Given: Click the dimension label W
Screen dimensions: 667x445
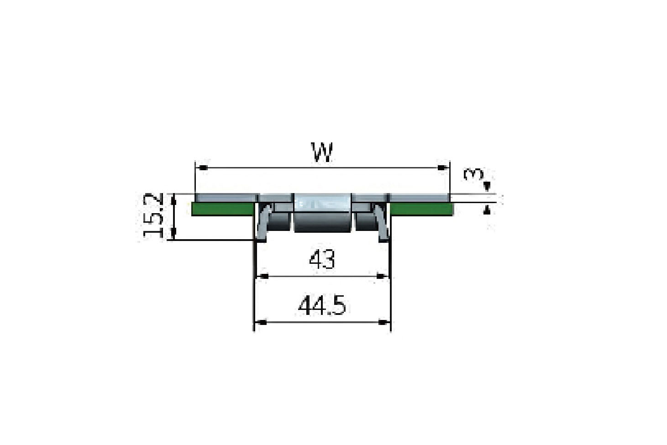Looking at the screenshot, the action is [x=321, y=152].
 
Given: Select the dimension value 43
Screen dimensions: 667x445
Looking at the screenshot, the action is [x=322, y=260].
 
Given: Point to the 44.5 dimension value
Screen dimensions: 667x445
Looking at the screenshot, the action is [x=322, y=306].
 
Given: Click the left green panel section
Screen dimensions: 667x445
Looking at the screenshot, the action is [x=222, y=209].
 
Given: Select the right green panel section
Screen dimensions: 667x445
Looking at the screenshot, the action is [x=422, y=209].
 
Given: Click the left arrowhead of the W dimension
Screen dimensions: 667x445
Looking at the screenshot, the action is [x=203, y=168].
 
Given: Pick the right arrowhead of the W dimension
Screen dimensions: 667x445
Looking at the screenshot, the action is [x=443, y=168].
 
